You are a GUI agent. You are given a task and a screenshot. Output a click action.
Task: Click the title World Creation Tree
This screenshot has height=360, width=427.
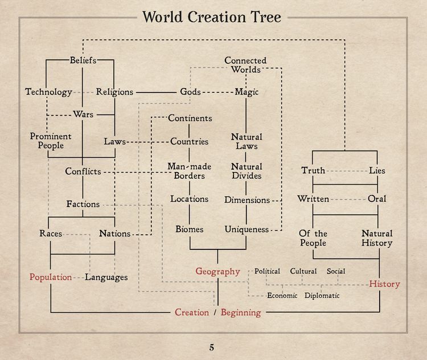tap(211, 17)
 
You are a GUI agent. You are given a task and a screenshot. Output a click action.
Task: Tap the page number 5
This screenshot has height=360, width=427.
tap(212, 347)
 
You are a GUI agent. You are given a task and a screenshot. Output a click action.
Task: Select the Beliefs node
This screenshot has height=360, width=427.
tap(83, 60)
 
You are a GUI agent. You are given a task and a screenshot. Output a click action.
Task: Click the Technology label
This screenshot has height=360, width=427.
tap(49, 92)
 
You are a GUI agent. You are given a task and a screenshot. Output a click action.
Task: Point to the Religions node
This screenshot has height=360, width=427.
tap(114, 92)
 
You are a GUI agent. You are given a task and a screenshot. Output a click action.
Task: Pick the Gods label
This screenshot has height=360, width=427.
tap(190, 92)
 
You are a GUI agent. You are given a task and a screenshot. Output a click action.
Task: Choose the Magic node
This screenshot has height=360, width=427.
tap(247, 92)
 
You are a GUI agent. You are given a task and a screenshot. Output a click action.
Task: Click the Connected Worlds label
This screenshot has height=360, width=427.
tap(245, 65)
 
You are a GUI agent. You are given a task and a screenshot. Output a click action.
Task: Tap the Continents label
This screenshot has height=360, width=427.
tap(190, 118)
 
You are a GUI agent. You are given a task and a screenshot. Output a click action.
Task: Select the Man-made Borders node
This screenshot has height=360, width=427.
tap(190, 171)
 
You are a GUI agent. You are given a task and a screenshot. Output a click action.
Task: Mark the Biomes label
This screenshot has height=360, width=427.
tap(190, 229)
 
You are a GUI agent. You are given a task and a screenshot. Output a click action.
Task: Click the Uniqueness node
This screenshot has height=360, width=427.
tap(247, 229)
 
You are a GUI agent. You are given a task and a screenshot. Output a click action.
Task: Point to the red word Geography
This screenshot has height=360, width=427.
tap(217, 272)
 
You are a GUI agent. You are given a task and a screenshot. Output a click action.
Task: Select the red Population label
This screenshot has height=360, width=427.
tap(51, 277)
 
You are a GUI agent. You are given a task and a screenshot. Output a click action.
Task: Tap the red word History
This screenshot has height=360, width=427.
tap(384, 284)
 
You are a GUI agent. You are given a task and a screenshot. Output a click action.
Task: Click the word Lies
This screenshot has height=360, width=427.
tap(377, 170)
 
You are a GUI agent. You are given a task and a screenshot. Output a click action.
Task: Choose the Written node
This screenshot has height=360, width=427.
tap(313, 199)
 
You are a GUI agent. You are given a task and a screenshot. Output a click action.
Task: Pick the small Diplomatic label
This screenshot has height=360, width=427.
tap(322, 296)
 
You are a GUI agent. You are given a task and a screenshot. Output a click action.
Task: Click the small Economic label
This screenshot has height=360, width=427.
tap(282, 296)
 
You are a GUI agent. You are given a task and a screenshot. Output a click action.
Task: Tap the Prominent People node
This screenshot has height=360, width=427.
tap(51, 141)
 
